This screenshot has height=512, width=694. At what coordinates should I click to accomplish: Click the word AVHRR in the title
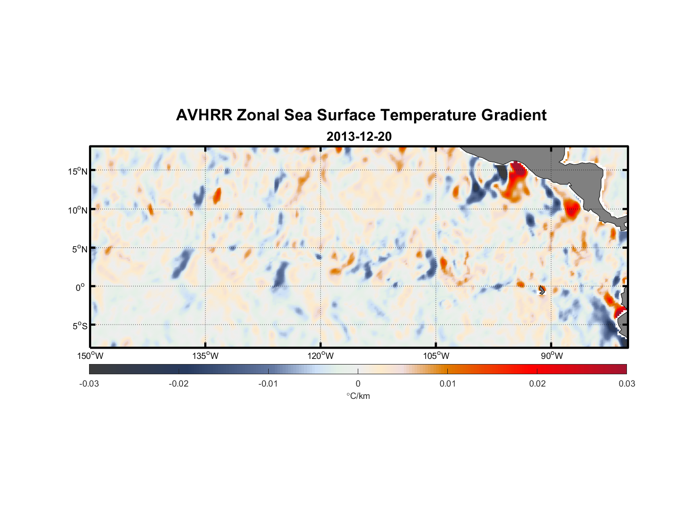coord(204,115)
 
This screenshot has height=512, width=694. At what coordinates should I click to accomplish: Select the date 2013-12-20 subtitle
coord(359,137)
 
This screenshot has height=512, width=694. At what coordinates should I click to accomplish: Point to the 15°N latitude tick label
coord(78,171)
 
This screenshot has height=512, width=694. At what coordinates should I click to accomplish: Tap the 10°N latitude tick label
coord(78,210)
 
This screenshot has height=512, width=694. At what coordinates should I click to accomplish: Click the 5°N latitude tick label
coord(79,249)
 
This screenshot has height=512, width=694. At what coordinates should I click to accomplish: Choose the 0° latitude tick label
coord(80,287)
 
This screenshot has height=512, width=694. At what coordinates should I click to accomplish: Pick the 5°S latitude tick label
coord(79,326)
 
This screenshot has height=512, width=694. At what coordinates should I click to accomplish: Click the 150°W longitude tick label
coord(90,356)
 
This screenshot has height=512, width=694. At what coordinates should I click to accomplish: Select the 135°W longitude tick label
coord(205,356)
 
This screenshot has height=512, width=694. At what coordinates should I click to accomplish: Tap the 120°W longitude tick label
coord(320,356)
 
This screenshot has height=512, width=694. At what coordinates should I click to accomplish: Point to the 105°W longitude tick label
coord(436,356)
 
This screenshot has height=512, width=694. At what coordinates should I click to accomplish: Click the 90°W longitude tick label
coord(551,356)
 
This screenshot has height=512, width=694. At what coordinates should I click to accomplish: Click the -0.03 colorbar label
coord(89,383)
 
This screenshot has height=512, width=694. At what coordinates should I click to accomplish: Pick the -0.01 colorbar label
coord(268,383)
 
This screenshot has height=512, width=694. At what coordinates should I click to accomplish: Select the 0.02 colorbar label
coord(537,383)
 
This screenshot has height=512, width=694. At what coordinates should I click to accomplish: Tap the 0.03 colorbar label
coord(626,383)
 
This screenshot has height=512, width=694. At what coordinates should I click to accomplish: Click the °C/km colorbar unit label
coord(358,396)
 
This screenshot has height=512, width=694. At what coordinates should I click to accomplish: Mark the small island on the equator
coord(542,290)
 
